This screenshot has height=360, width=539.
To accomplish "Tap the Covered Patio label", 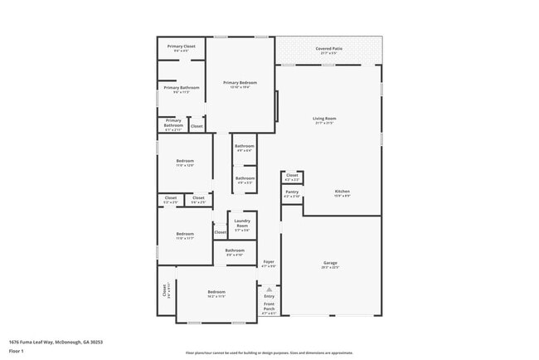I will point(329,49).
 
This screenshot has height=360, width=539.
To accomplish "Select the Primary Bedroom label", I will point(240,83).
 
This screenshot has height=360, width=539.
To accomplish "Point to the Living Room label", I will point(324,119).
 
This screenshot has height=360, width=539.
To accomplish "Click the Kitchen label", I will point(342,192).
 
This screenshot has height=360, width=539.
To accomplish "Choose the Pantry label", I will point(292,192).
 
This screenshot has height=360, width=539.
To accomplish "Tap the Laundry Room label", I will point(242,224).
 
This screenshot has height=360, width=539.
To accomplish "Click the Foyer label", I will point(269,262).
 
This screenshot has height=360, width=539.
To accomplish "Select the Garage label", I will point(330,263).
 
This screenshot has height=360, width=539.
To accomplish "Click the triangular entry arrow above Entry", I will point(269,289).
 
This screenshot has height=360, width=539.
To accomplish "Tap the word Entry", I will point(269,296).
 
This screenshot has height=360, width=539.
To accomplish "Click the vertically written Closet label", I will point(165,290).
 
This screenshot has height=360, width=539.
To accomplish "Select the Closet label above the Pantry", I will point(292,175).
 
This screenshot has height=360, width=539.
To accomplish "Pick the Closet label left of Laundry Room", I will point(220,232).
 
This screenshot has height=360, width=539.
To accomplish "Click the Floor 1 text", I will point(17,351).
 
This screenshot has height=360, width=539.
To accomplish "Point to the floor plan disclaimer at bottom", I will point(269,352).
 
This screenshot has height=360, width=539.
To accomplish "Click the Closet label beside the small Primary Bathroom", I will point(197,126).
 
